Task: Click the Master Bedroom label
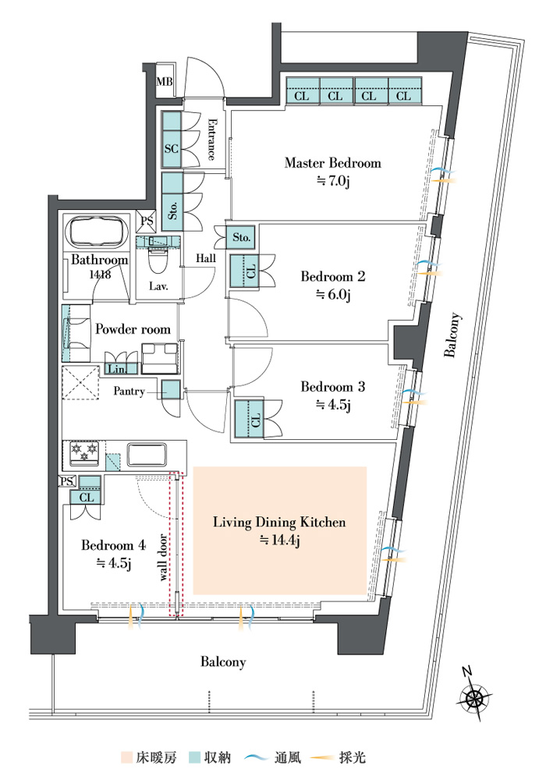tap(333, 163)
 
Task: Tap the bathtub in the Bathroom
tap(98, 232)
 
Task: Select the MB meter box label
tap(165, 80)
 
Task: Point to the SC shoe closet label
tap(171, 148)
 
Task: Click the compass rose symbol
tap(474, 697)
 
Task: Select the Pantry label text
tap(129, 391)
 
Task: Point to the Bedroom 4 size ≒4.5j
tap(113, 564)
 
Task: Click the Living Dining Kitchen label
tap(279, 523)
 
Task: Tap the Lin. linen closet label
tap(117, 369)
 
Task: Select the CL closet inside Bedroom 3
tap(247, 420)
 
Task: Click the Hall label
tap(206, 258)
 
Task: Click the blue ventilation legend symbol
tap(257, 757)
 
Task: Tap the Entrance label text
tap(211, 139)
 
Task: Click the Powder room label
tap(133, 329)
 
